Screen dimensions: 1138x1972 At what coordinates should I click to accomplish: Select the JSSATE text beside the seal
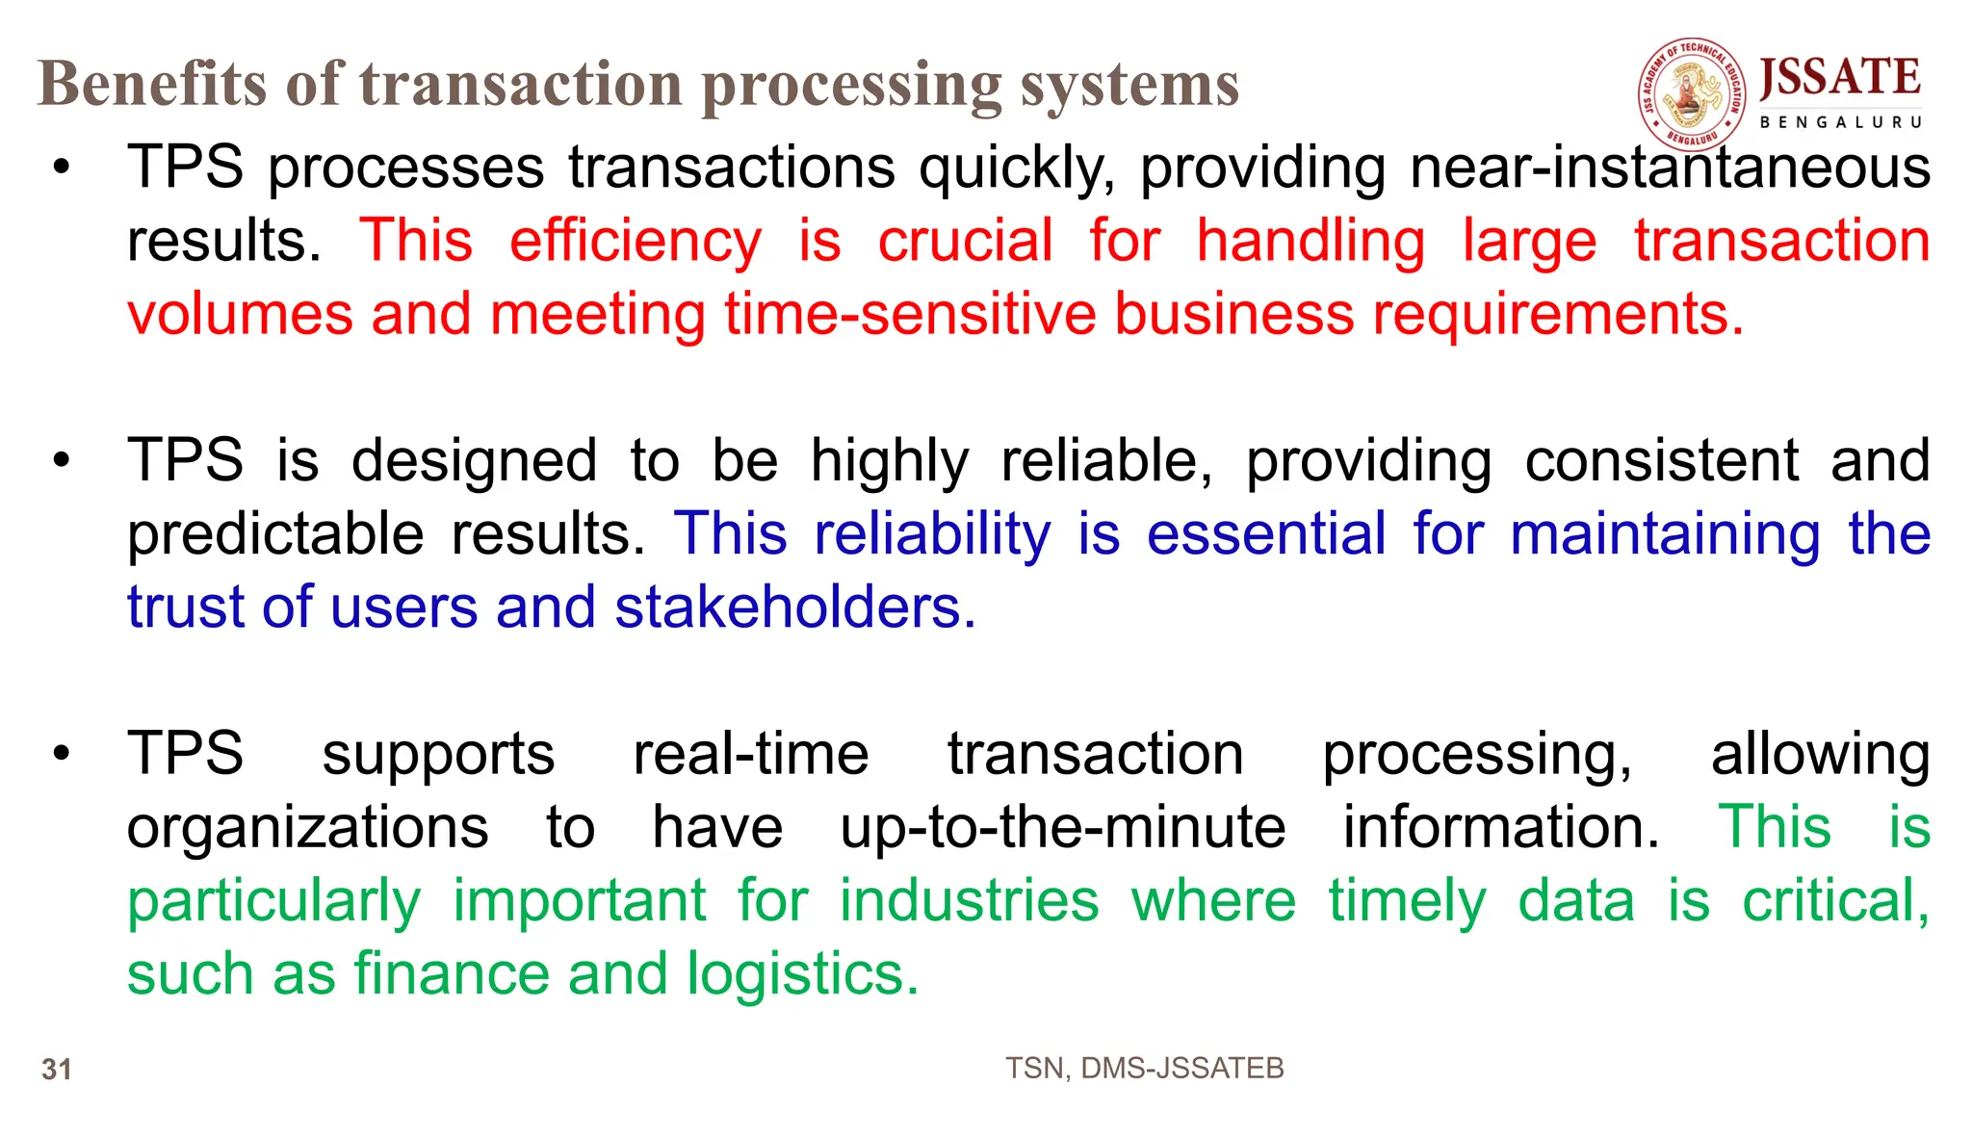click(x=1839, y=78)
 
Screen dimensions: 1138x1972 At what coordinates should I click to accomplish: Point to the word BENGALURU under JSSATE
click(x=1840, y=122)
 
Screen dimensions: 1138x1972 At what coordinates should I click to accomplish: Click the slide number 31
click(x=57, y=1070)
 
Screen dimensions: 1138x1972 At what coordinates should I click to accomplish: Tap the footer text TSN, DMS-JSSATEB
click(x=1144, y=1068)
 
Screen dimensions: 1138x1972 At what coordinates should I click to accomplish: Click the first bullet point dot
click(x=62, y=168)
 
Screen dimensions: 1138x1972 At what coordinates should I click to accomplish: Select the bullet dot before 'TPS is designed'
click(x=62, y=460)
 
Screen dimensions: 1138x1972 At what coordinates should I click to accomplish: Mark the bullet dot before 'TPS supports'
click(x=62, y=753)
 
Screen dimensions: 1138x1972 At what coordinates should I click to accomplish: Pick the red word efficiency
click(x=636, y=241)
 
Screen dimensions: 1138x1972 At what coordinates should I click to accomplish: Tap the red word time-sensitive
click(x=910, y=314)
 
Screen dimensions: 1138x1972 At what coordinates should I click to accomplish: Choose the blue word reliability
click(x=932, y=534)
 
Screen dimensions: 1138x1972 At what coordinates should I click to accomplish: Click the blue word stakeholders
click(x=794, y=608)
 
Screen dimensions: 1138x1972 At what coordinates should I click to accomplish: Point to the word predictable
click(x=275, y=534)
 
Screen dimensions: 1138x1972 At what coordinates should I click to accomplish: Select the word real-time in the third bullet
click(x=751, y=753)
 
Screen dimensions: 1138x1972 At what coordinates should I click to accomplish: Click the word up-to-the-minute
click(x=1063, y=827)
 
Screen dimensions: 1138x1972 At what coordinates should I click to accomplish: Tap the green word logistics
click(x=802, y=974)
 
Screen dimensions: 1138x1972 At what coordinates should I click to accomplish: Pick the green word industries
click(x=969, y=901)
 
